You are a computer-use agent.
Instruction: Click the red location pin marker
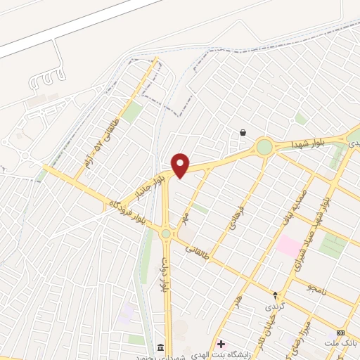tap(181, 165)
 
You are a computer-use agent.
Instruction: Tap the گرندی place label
tap(274, 307)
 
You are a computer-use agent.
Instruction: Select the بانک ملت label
tap(341, 342)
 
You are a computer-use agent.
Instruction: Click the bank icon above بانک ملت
tap(341, 332)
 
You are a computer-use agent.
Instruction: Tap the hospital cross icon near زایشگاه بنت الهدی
tap(221, 344)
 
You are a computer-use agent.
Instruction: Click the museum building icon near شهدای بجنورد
tap(161, 348)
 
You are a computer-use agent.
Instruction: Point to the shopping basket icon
tap(243, 132)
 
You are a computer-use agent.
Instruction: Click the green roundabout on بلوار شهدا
tap(264, 147)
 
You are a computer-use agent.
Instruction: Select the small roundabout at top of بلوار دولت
tap(166, 233)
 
